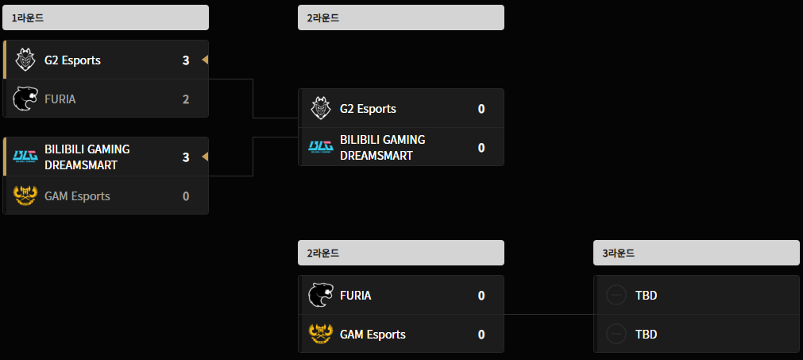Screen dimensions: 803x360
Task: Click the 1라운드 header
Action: tap(106, 17)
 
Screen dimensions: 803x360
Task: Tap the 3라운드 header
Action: tap(696, 253)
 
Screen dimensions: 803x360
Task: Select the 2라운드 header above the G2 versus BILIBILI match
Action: tap(401, 17)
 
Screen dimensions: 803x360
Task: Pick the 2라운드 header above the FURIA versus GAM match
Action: tap(401, 253)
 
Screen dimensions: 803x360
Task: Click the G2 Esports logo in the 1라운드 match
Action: tap(25, 60)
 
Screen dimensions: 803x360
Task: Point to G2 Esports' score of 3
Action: tap(186, 60)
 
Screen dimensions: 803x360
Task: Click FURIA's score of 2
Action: tap(186, 99)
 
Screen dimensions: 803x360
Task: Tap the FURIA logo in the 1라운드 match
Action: tap(25, 99)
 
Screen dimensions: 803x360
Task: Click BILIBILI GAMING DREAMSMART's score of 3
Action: tap(186, 157)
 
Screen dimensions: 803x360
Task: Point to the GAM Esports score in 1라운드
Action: tap(186, 196)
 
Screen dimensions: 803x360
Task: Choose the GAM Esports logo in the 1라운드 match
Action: tap(25, 195)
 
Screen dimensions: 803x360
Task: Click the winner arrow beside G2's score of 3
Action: tap(205, 60)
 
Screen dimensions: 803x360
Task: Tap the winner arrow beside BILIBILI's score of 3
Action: tap(205, 157)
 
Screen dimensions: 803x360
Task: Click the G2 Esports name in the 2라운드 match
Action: tap(368, 109)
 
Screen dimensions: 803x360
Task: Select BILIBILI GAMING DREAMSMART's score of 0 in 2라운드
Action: tap(481, 148)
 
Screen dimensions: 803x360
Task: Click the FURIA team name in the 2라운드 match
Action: tap(355, 296)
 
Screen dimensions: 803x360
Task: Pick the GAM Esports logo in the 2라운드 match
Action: tap(321, 334)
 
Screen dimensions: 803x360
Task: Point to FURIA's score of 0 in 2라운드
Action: tap(481, 296)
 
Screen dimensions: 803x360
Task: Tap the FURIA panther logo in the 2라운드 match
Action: tap(321, 295)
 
